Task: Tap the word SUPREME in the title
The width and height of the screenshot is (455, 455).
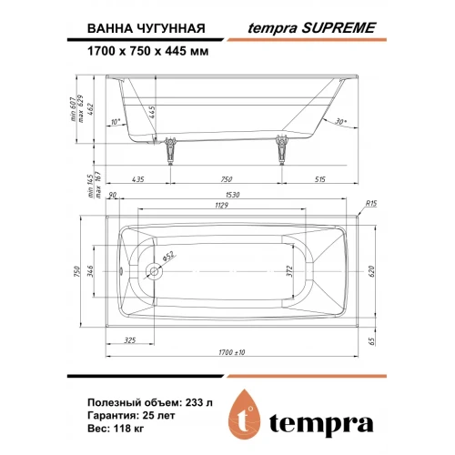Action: pos(339,28)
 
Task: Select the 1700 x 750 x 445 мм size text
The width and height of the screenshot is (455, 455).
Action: pos(148,51)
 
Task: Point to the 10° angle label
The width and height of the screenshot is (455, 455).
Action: pos(116,122)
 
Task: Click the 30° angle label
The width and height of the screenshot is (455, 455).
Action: pos(341,122)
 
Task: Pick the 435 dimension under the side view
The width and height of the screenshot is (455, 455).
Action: pos(138,179)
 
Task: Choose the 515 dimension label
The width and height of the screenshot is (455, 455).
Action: pos(319,179)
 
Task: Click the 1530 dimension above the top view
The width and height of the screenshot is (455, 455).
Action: pos(232,195)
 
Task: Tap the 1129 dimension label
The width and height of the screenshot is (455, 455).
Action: pos(221,206)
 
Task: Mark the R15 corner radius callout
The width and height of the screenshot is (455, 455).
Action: pos(370,204)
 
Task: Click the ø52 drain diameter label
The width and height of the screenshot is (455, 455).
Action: pos(168,257)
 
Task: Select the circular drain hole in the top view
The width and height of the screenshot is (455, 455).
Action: pos(154,271)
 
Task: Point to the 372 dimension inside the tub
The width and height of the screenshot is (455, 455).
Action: pos(289,271)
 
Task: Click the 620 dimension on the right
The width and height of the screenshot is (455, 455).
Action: pos(372,271)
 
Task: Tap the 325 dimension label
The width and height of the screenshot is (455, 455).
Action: pos(130,340)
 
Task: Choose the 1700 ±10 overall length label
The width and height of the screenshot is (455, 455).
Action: pos(232,352)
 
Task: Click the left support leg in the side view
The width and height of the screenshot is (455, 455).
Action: pos(170,151)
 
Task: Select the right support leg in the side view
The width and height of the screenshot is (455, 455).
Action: pos(282,150)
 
